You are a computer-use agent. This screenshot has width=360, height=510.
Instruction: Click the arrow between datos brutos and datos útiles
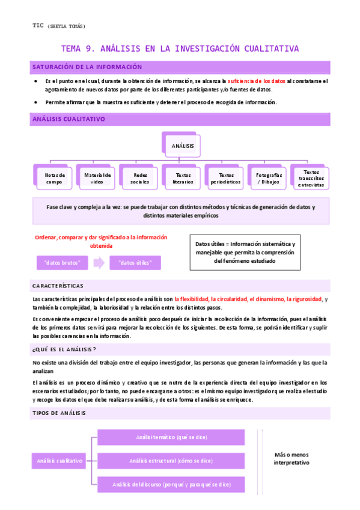99,263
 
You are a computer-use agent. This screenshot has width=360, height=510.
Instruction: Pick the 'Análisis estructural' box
171,461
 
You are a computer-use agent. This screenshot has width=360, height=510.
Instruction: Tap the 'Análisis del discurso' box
171,484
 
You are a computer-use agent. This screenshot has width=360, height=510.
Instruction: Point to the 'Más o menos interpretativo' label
291,459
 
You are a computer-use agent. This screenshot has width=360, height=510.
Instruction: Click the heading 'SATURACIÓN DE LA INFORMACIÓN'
87,67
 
